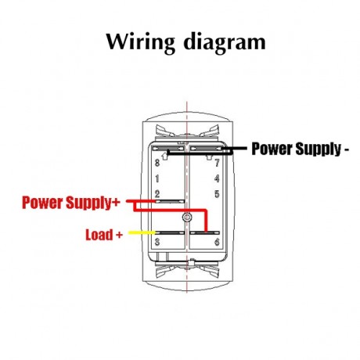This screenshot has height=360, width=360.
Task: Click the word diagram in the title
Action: click(220, 41)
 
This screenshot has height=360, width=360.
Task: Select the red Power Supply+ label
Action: click(71, 203)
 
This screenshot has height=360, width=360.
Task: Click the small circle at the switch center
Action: click(186, 217)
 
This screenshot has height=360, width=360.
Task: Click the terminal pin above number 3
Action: click(168, 233)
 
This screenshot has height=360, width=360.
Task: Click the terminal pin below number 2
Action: click(168, 201)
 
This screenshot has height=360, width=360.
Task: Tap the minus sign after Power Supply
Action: click(346, 149)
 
